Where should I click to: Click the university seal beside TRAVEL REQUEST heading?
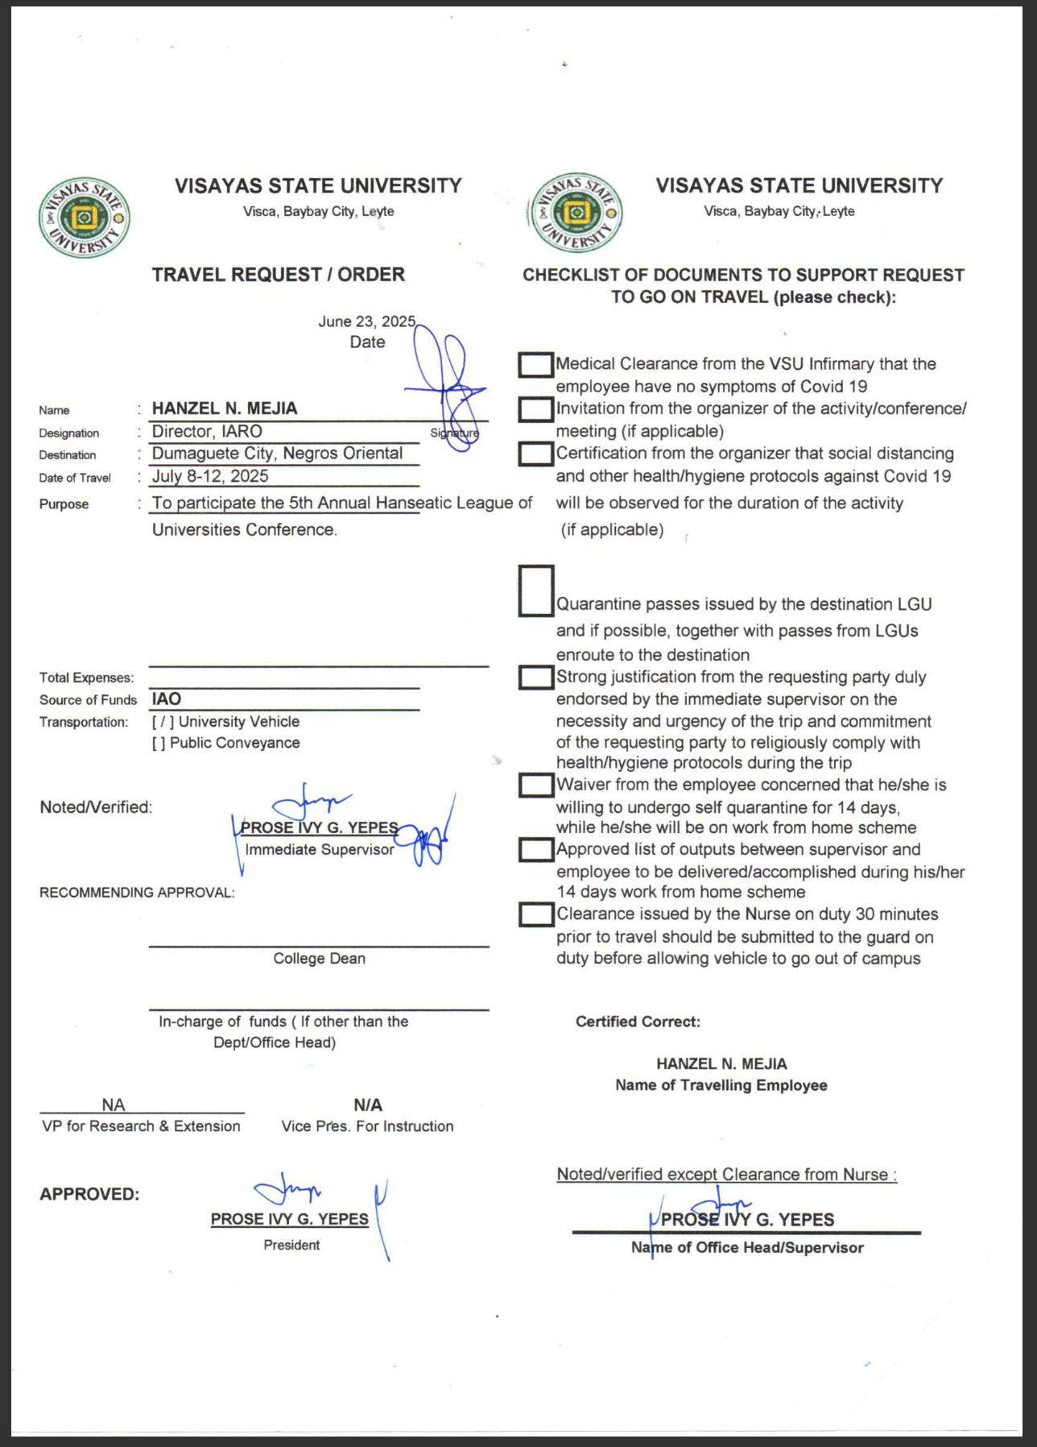[84, 218]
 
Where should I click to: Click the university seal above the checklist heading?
[575, 214]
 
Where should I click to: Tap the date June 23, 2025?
[366, 321]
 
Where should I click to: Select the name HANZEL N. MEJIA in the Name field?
[225, 408]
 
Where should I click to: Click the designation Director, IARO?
[207, 432]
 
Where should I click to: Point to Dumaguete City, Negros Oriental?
[277, 454]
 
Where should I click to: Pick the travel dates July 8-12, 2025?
[210, 476]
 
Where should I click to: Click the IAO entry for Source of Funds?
[167, 699]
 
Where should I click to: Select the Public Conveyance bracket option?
[159, 743]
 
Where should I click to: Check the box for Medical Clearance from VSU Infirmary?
[535, 365]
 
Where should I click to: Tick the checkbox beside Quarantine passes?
[536, 591]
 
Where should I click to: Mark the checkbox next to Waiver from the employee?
[536, 786]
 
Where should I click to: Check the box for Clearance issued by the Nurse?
[536, 914]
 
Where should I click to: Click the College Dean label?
[319, 959]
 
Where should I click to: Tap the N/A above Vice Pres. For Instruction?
[368, 1105]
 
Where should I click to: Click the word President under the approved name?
[291, 1246]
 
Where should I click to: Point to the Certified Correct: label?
[638, 1022]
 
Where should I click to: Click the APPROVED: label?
[89, 1194]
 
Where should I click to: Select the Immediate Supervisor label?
[320, 850]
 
